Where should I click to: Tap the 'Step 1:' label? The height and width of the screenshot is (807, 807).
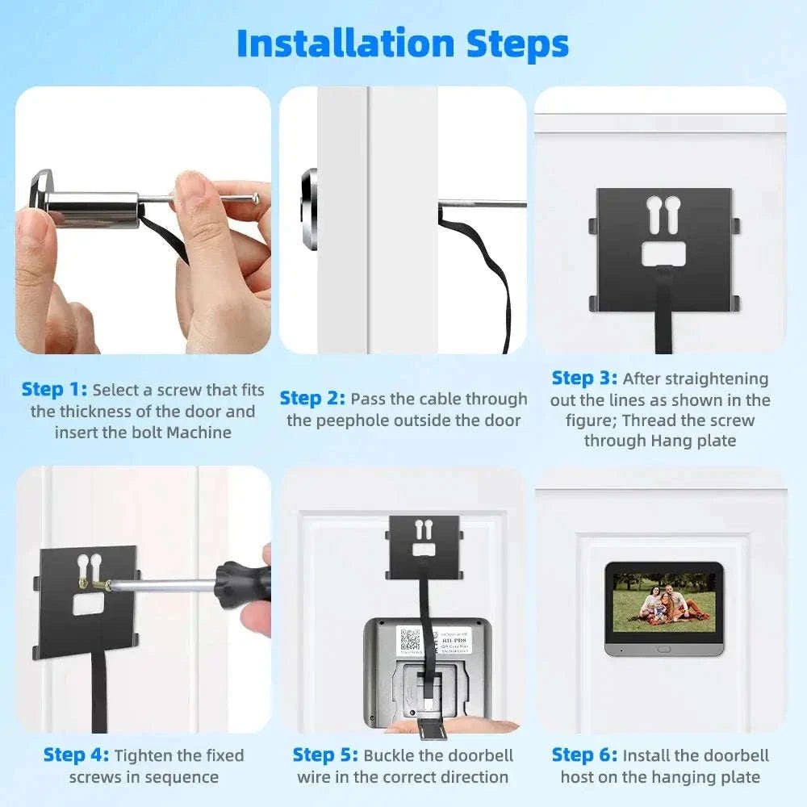tap(54, 390)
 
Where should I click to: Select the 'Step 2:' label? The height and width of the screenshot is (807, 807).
tap(312, 399)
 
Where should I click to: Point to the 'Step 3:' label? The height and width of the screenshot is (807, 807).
tap(584, 378)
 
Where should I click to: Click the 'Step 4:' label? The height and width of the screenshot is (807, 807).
tap(76, 755)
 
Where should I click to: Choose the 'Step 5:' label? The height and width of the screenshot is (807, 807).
tap(325, 755)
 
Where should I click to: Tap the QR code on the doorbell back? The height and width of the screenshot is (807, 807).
tap(410, 641)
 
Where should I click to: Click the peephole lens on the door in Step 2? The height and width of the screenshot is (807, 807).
tap(310, 207)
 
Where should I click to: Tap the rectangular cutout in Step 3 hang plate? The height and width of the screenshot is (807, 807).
tap(663, 254)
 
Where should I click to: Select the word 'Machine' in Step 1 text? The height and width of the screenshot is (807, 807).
tap(199, 433)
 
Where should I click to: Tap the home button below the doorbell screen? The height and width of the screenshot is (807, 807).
tap(663, 648)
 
